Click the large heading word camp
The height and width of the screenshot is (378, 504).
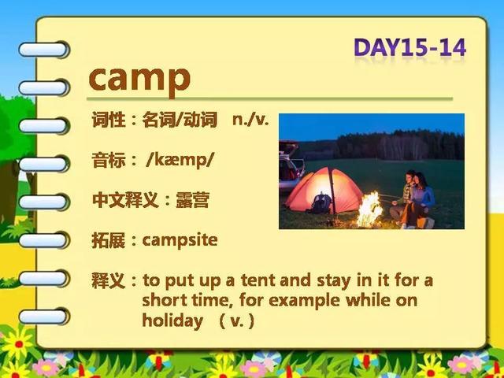coord(139,79)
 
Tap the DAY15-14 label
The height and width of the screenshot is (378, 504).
coord(409,48)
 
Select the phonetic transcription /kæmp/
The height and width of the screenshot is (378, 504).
coord(180,160)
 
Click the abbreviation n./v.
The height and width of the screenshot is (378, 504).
coord(250,120)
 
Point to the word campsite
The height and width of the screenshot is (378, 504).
coord(180,240)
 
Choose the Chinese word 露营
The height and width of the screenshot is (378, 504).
coord(192,200)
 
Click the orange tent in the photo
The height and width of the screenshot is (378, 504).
coord(324,191)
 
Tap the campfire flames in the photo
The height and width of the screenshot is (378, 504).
coord(370,209)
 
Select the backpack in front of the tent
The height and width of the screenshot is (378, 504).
coord(321,203)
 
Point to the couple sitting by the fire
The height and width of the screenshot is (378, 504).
coord(413,199)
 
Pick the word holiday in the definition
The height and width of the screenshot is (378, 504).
coord(172,321)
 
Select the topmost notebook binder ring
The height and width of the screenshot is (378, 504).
coord(44,50)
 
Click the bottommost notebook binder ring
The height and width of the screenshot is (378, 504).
coord(44,317)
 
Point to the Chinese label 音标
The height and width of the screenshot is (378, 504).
coord(109,160)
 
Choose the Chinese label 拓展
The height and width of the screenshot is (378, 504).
coord(109,240)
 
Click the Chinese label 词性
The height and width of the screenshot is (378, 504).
coord(109,120)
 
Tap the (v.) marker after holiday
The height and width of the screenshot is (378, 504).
coord(237,321)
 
